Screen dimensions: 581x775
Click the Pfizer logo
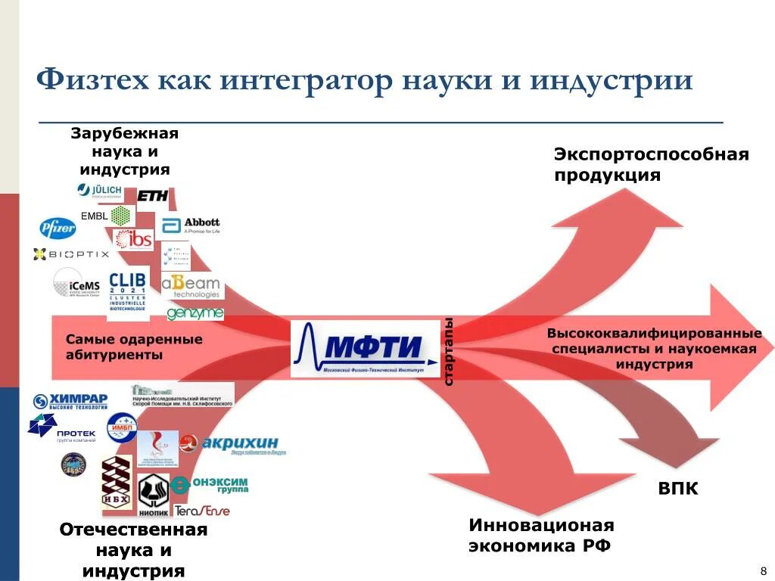58,227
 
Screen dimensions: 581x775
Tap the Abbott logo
191,225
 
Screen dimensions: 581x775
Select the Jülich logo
100,191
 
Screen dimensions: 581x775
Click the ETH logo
152,195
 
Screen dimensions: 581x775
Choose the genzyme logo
195,312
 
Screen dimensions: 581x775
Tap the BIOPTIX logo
71,254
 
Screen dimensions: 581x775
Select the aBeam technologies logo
192,285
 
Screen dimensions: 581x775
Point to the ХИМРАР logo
70,402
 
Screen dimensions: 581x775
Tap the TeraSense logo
202,511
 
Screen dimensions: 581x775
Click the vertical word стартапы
448,351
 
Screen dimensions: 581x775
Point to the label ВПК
677,489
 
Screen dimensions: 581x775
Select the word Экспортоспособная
651,155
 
